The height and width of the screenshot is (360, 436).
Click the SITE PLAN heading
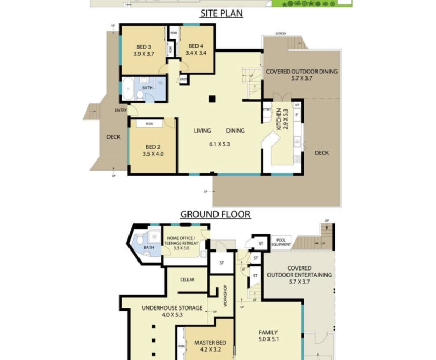(221, 14)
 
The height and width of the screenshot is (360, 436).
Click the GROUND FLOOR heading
(215, 214)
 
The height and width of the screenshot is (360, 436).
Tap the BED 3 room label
(143, 46)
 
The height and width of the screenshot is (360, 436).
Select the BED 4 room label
(195, 46)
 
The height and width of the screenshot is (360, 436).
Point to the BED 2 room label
(153, 146)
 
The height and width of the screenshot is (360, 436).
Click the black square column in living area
(212, 98)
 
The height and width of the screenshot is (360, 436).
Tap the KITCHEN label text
(279, 119)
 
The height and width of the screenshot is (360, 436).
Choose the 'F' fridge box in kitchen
(297, 115)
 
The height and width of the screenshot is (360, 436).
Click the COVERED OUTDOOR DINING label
(302, 72)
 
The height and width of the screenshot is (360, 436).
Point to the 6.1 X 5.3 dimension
(220, 143)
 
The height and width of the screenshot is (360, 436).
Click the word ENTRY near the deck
(121, 111)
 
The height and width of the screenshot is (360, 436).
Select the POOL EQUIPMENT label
(281, 242)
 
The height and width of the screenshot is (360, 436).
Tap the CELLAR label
(187, 279)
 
